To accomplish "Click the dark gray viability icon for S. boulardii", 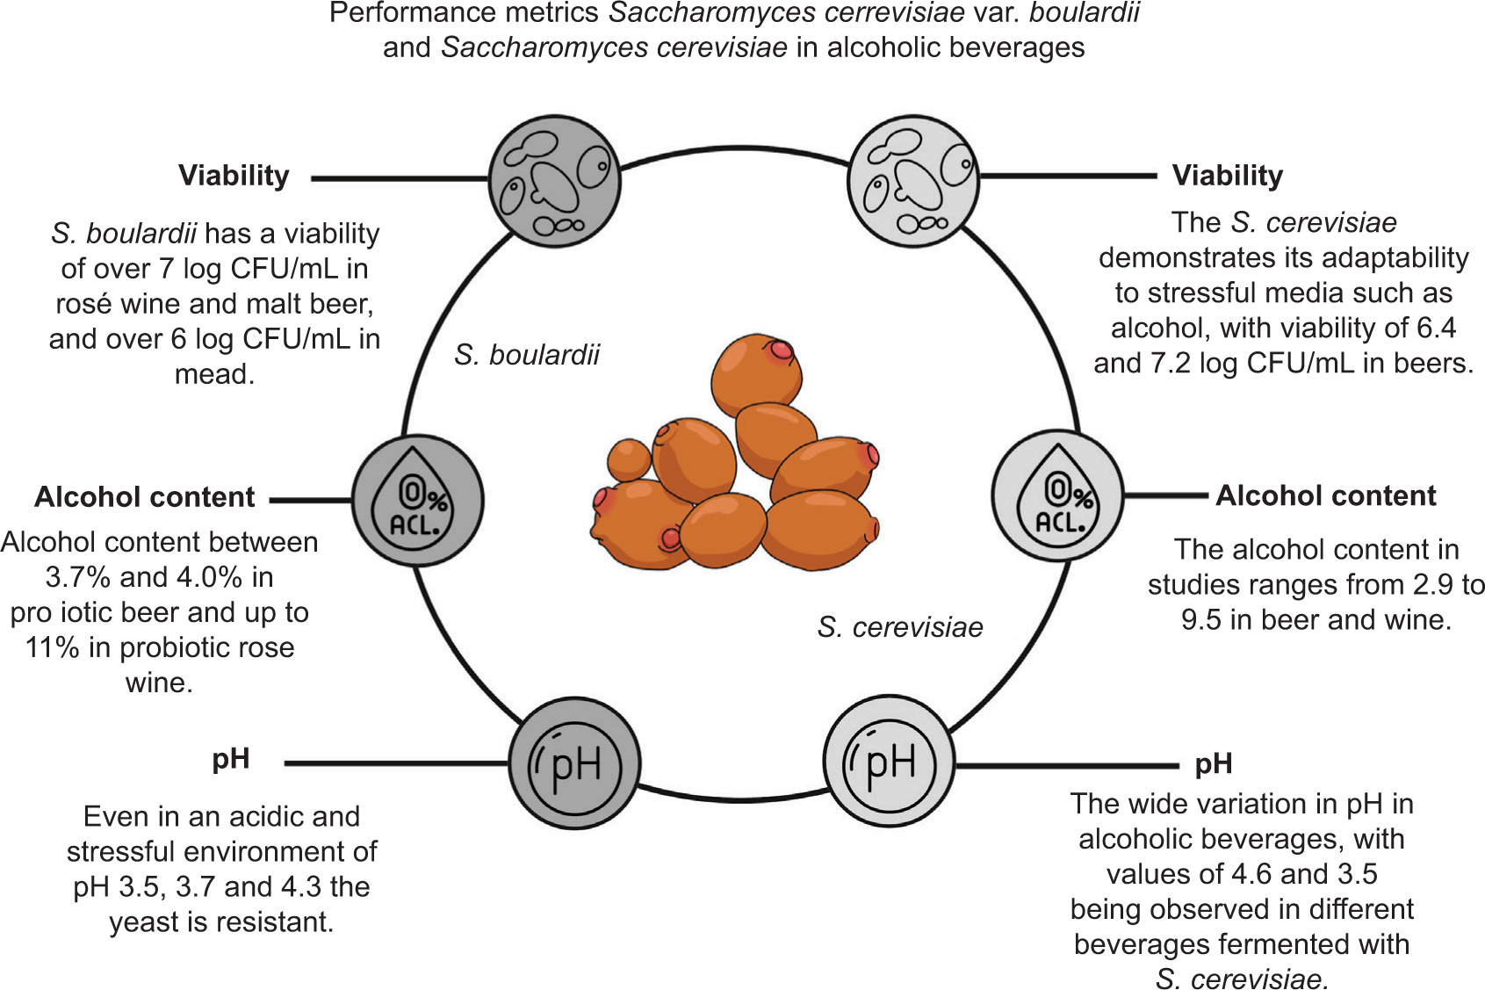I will coord(554,181).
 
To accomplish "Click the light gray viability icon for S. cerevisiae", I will coord(913,181).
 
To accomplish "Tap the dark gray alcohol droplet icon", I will coord(418,500).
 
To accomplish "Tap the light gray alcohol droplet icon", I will coord(1057,496).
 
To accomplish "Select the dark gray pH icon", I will coord(574,764).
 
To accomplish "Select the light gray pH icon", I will coord(889,762).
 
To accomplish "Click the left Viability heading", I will coord(234,176).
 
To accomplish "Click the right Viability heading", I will coord(1227,176).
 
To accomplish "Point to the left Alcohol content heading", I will coord(145,497).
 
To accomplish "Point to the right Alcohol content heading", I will coord(1325,496).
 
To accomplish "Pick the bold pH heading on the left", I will coord(231,758).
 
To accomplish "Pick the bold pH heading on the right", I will coord(1214,763).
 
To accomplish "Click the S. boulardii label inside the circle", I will coord(527,355).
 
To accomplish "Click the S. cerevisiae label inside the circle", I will coord(899,627).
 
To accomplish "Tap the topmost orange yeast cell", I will coord(756,374).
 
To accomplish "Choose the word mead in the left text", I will coord(213,375).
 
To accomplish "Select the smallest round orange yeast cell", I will coord(629,459).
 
